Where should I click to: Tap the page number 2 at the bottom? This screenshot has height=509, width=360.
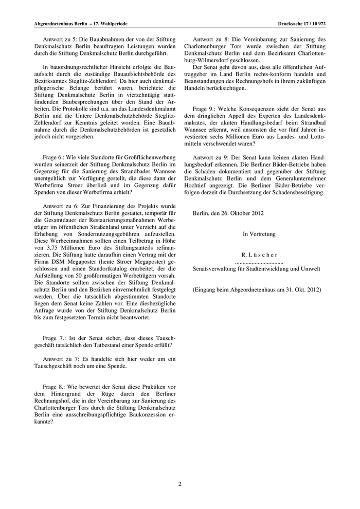click(x=180, y=484)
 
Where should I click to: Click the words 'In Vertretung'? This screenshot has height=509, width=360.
click(x=259, y=234)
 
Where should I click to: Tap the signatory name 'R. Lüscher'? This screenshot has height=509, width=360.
click(x=259, y=254)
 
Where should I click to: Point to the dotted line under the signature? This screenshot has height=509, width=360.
click(x=259, y=262)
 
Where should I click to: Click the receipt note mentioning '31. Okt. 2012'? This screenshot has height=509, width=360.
click(x=257, y=289)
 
